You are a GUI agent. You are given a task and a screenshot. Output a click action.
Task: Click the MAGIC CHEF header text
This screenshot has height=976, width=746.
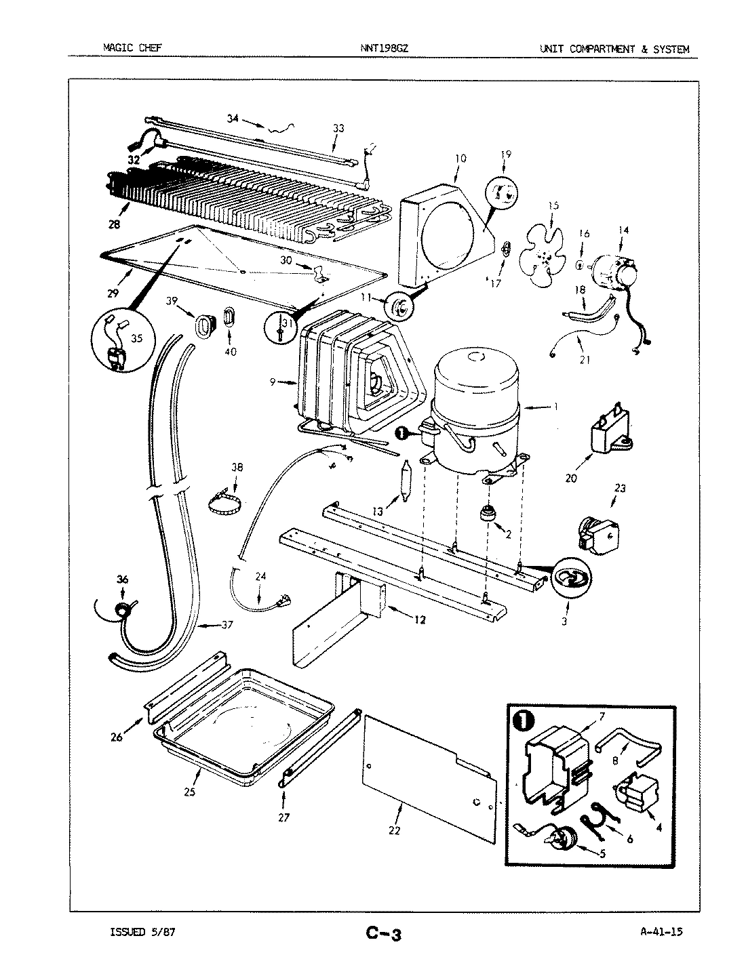132,49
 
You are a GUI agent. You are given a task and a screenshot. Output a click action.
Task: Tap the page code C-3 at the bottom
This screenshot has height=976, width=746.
384,934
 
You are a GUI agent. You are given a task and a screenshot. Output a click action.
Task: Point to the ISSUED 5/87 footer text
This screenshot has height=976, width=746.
143,932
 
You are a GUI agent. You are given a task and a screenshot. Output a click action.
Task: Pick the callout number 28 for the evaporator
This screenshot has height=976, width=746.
113,224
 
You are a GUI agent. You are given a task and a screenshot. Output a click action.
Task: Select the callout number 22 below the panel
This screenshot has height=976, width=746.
395,831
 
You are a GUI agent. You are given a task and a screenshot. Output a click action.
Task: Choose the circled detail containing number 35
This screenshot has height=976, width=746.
123,341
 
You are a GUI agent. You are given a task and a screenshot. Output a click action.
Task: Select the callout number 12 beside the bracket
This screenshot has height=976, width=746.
420,619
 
